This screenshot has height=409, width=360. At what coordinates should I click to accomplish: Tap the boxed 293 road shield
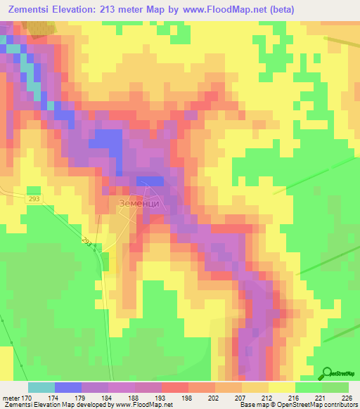click(x=36, y=200)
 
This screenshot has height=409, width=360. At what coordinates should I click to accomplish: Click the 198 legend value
click(x=188, y=398)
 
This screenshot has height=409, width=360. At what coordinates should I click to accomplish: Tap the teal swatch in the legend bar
click(x=41, y=387)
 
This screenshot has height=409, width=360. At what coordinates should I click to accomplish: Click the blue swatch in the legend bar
click(x=68, y=387)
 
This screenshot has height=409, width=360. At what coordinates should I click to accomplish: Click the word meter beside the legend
click(x=11, y=398)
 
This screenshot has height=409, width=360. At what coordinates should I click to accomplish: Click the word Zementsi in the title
click(x=34, y=9)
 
